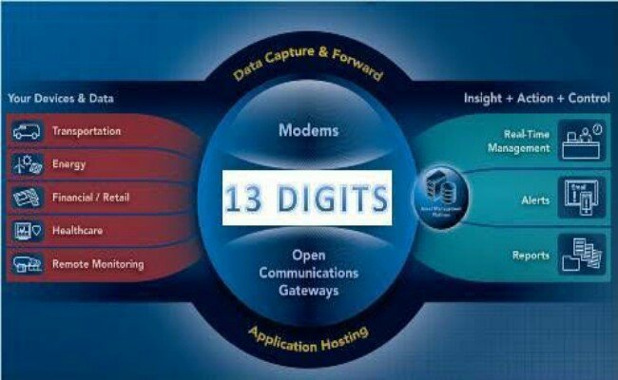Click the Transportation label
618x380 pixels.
point(87,131)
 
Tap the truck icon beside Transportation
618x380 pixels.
point(27,131)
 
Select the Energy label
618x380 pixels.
point(68,164)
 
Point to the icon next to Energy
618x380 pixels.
point(27,164)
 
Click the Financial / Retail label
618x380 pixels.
point(91,198)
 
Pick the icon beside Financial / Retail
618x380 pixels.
point(27,198)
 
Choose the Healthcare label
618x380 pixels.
point(78,231)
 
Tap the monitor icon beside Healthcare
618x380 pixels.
point(27,231)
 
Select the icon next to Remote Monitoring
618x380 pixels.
point(27,263)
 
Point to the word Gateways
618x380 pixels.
point(309,291)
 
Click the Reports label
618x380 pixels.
point(531,255)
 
